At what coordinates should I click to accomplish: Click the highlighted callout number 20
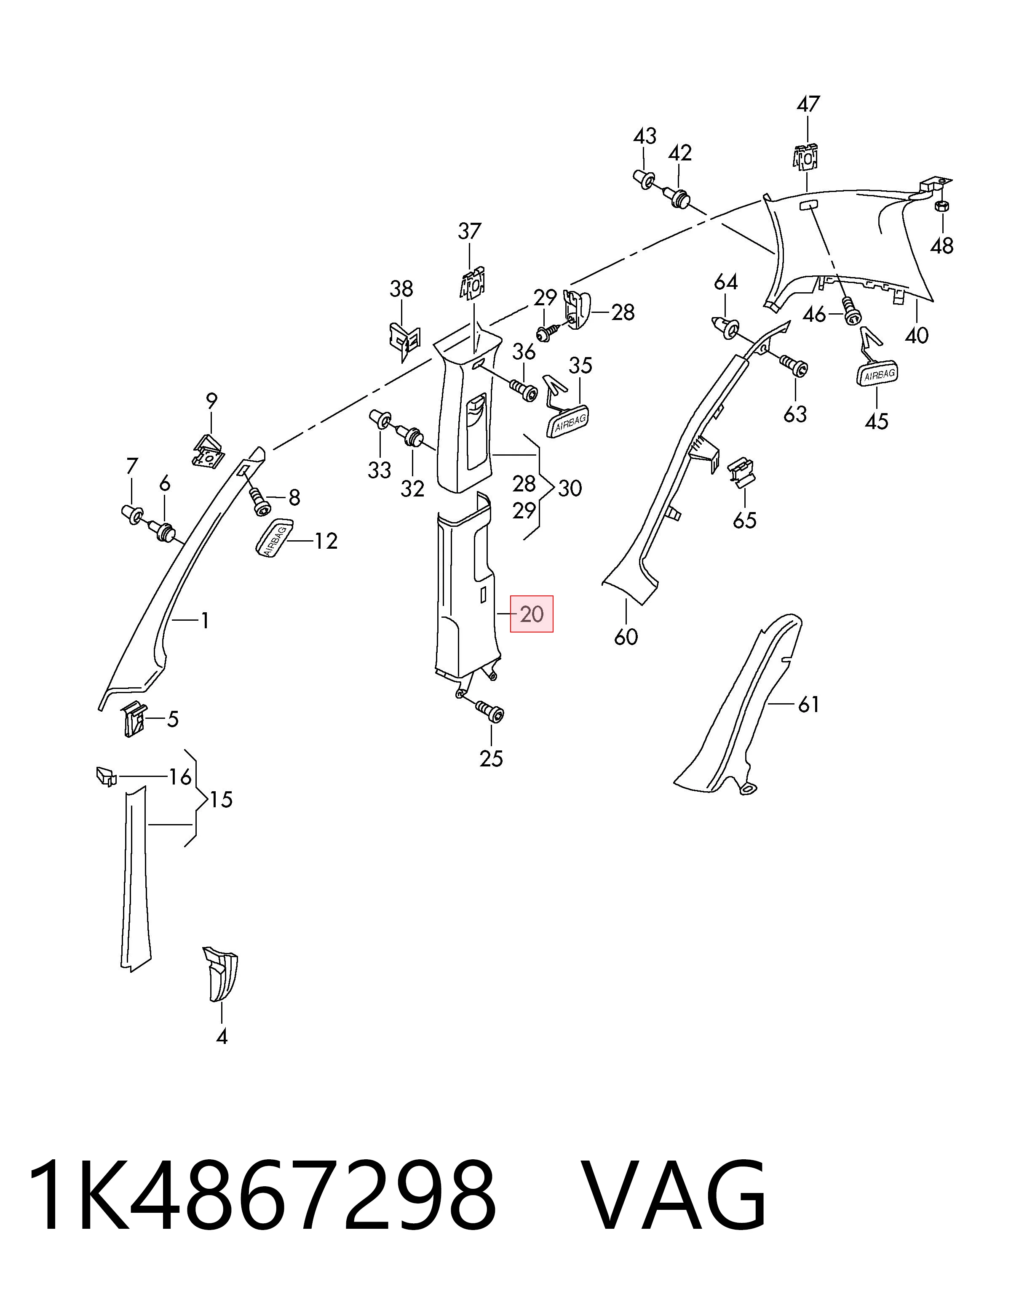point(532,614)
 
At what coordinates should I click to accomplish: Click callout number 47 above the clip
point(808,104)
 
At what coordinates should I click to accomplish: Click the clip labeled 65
point(743,472)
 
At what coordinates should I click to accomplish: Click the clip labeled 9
point(208,450)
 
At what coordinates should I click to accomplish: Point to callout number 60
point(626,637)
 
